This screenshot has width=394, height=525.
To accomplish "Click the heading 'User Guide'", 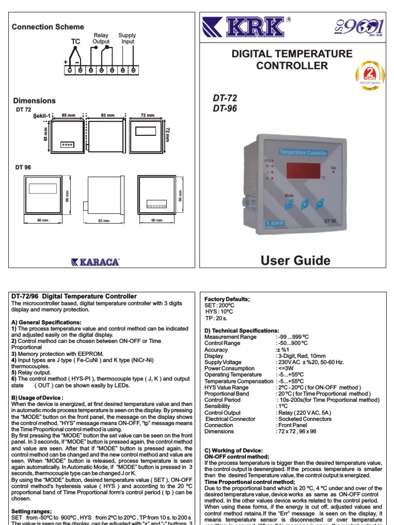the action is [x=295, y=260].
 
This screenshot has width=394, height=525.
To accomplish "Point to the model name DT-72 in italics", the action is [x=225, y=98].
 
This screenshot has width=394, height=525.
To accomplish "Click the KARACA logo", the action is [x=96, y=262].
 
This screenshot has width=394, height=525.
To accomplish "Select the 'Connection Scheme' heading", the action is [x=48, y=27].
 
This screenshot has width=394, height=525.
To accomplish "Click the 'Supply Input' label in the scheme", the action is [x=127, y=38].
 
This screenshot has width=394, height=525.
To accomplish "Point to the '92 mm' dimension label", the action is [x=108, y=115].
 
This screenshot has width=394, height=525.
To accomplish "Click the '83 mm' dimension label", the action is [x=104, y=220].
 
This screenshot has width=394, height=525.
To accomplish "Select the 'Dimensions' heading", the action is [x=34, y=100].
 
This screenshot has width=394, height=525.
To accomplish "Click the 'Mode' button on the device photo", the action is [x=290, y=205].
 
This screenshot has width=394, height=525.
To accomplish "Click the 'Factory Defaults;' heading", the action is [x=227, y=299].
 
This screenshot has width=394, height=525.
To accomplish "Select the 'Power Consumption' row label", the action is [x=229, y=368].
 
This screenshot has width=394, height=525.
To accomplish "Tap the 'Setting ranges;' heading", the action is [x=31, y=511].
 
